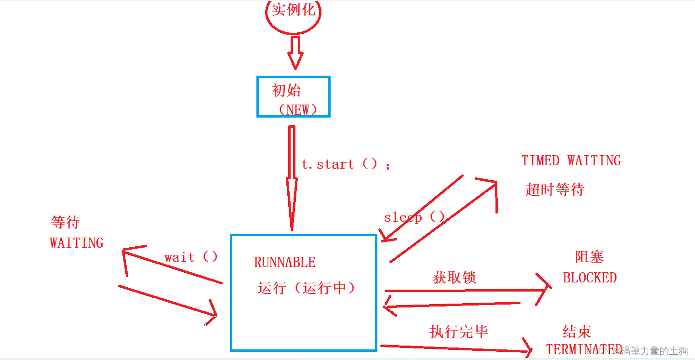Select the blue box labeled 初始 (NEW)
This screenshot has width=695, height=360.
(x=293, y=96)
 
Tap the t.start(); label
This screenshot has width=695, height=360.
(x=346, y=164)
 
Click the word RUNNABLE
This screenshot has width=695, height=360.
(x=285, y=263)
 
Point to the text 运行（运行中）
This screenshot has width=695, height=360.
(x=307, y=288)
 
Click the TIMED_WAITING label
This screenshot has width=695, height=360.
(x=571, y=160)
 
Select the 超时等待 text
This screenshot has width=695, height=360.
(x=555, y=189)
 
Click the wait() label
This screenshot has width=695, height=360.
(x=191, y=257)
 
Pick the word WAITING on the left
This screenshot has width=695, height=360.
(x=77, y=242)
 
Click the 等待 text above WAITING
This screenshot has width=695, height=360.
(x=65, y=222)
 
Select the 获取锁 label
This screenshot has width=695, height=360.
(x=454, y=278)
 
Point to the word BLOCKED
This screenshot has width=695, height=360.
(x=590, y=278)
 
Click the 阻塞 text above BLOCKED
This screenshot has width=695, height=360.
(x=589, y=256)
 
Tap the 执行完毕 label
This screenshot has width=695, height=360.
(x=458, y=332)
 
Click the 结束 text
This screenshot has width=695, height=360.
(x=577, y=332)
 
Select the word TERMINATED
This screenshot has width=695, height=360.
(x=583, y=349)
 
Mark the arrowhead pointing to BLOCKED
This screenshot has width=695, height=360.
(x=545, y=289)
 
